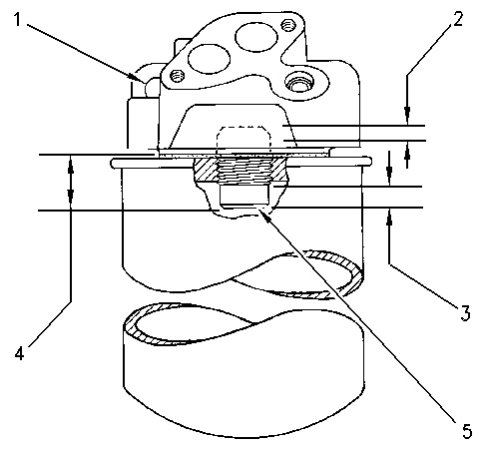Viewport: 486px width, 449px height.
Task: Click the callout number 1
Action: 17,20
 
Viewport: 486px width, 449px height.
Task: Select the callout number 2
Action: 458,19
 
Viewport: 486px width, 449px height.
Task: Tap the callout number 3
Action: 465,313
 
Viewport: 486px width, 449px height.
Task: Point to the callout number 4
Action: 19,353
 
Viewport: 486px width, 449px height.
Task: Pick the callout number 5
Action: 467,431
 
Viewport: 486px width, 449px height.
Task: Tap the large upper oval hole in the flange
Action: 256,37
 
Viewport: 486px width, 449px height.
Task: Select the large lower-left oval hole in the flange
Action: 209,59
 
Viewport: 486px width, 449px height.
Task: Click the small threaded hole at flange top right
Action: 287,25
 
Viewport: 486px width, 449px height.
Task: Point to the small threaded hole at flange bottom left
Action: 177,76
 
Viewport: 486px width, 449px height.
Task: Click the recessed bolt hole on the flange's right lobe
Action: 298,82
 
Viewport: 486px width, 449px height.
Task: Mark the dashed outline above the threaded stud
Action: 243,137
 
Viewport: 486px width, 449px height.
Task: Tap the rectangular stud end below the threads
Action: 243,196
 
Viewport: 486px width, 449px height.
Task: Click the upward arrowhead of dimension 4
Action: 71,163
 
